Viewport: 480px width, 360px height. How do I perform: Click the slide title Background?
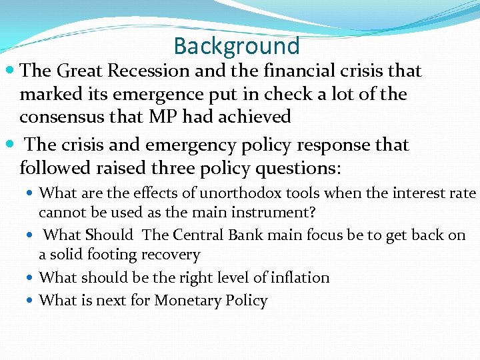tap(237, 46)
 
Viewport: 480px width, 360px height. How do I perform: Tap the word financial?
tap(293, 71)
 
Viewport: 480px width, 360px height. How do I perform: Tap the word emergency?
tap(183, 145)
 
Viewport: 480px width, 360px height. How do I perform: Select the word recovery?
tap(175, 255)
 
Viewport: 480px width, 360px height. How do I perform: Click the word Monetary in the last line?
tap(186, 301)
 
